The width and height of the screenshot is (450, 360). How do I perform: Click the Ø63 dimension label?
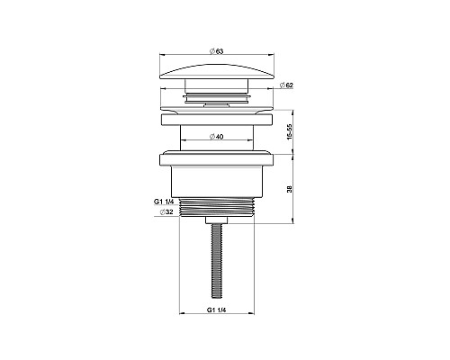[x=217, y=51]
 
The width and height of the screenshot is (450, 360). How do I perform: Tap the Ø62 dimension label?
[x=286, y=85]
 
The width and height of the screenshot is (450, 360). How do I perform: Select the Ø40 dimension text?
[x=217, y=137]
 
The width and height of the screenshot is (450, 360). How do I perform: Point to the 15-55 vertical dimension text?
[x=289, y=131]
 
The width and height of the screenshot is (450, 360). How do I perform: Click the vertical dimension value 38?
[x=289, y=189]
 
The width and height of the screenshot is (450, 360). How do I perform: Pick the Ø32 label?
[x=166, y=211]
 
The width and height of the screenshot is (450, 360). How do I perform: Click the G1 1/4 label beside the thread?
[x=164, y=202]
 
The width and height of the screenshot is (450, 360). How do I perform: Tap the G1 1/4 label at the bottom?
[x=216, y=310]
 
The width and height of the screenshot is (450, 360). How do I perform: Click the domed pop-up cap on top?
[x=217, y=72]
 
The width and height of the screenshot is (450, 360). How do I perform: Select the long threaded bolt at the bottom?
[x=217, y=261]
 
